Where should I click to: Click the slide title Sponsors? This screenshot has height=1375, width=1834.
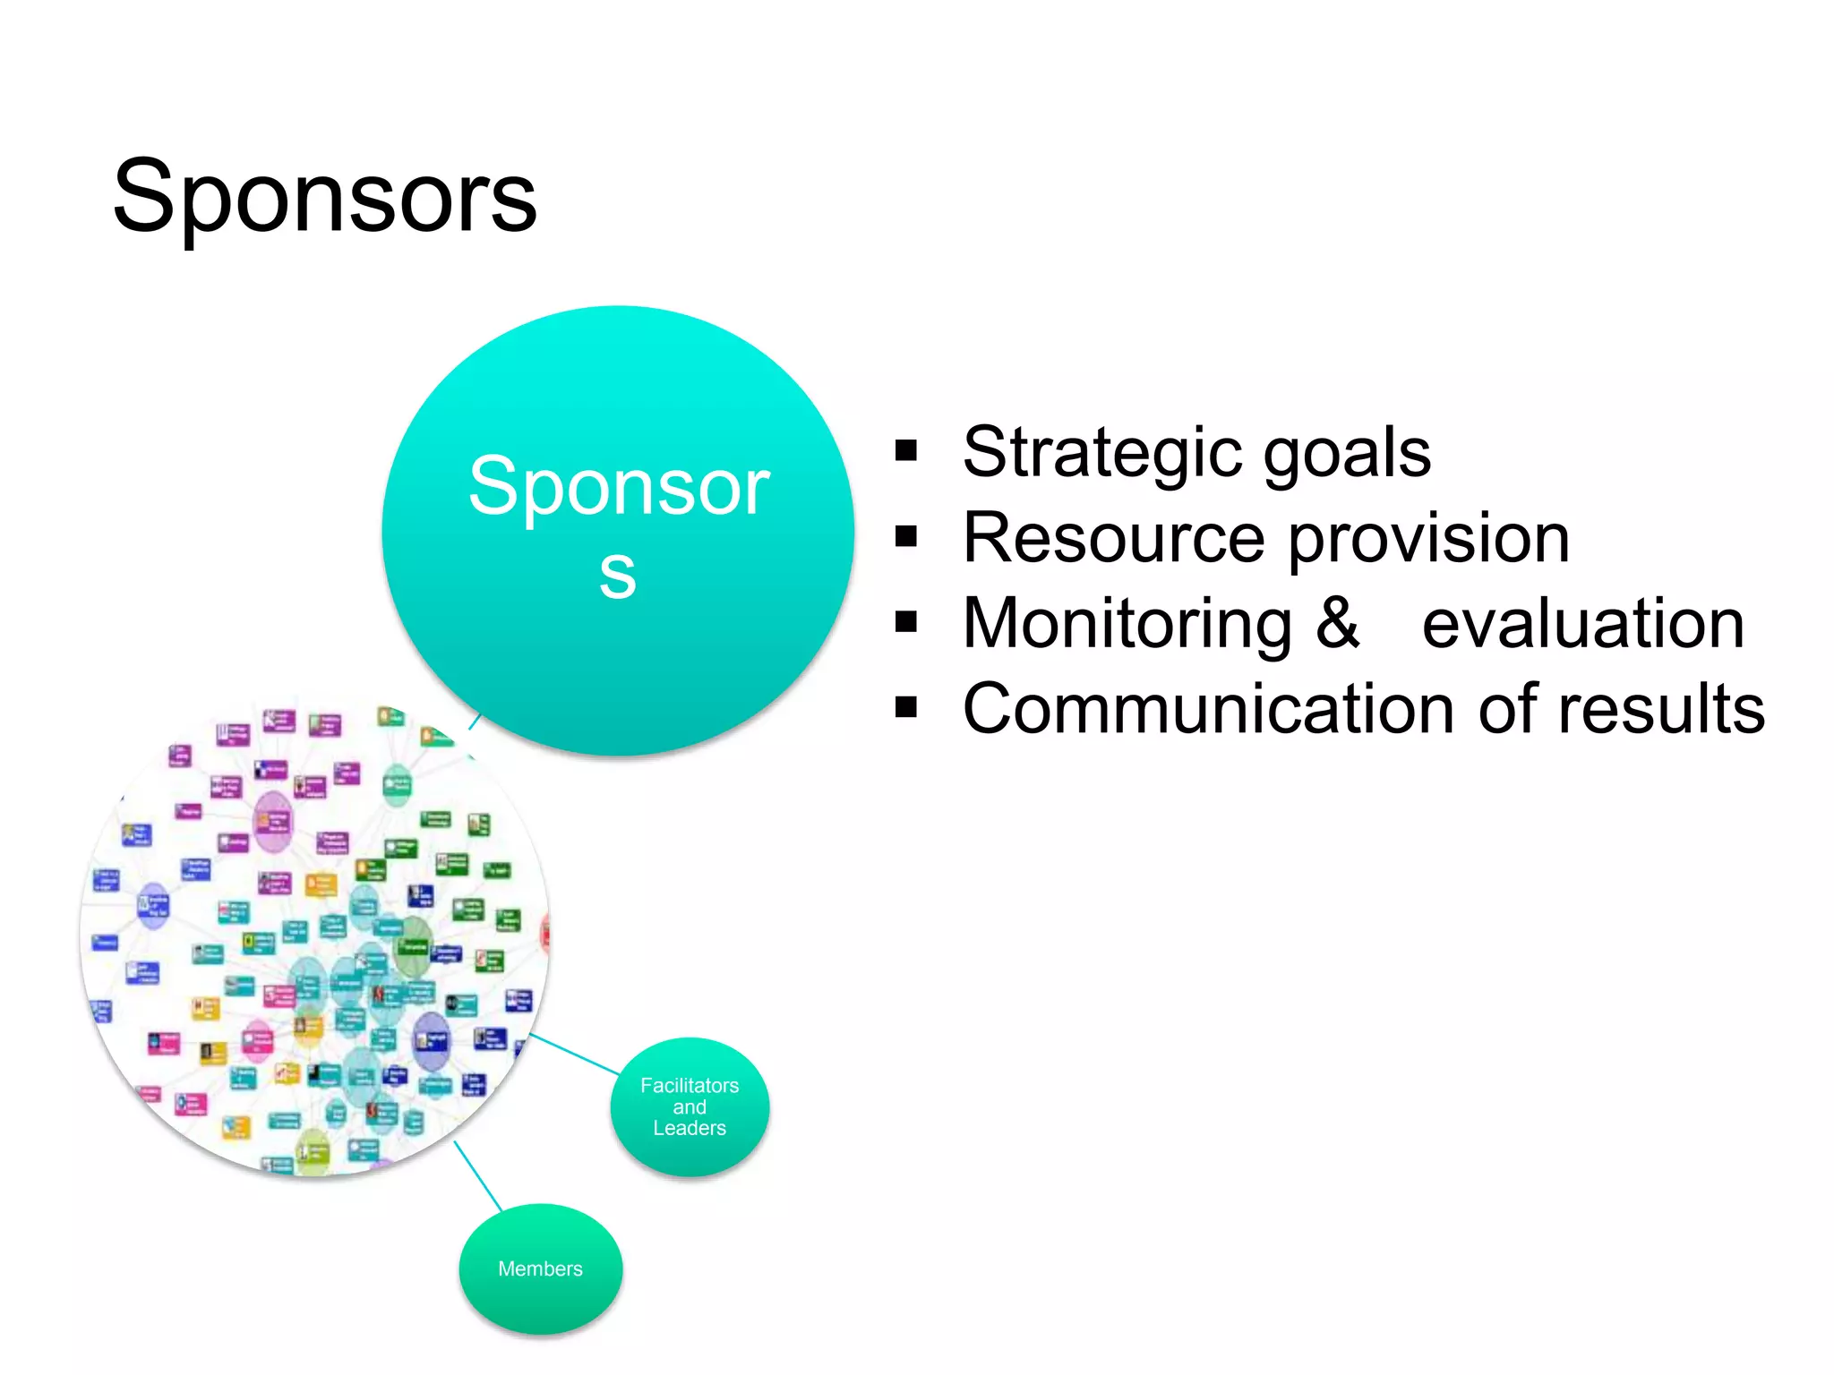(x=324, y=197)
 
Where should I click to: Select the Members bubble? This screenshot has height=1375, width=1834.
(x=540, y=1268)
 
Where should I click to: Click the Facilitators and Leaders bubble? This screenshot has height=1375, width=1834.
(x=690, y=1106)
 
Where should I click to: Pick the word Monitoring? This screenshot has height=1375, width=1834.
(x=1127, y=624)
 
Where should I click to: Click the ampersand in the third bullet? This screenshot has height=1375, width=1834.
(x=1337, y=622)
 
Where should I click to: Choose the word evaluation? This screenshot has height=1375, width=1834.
(x=1583, y=624)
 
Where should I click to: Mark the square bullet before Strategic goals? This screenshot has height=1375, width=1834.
(x=906, y=450)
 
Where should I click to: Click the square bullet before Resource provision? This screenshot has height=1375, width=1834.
(x=906, y=536)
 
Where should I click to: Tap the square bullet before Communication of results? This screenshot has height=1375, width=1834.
(x=906, y=707)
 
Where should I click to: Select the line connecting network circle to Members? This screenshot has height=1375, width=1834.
(x=478, y=1176)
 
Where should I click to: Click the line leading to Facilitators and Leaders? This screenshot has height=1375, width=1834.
(x=575, y=1055)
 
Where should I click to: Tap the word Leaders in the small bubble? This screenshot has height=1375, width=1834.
(x=690, y=1128)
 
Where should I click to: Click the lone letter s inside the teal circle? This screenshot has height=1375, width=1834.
(x=617, y=574)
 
